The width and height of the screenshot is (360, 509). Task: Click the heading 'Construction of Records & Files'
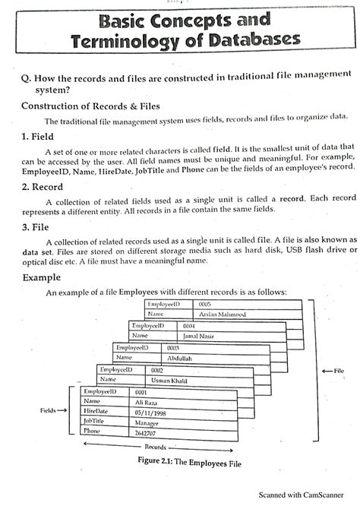point(90,104)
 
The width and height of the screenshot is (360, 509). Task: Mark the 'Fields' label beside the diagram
point(51,411)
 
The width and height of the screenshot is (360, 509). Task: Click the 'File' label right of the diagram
point(338,371)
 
